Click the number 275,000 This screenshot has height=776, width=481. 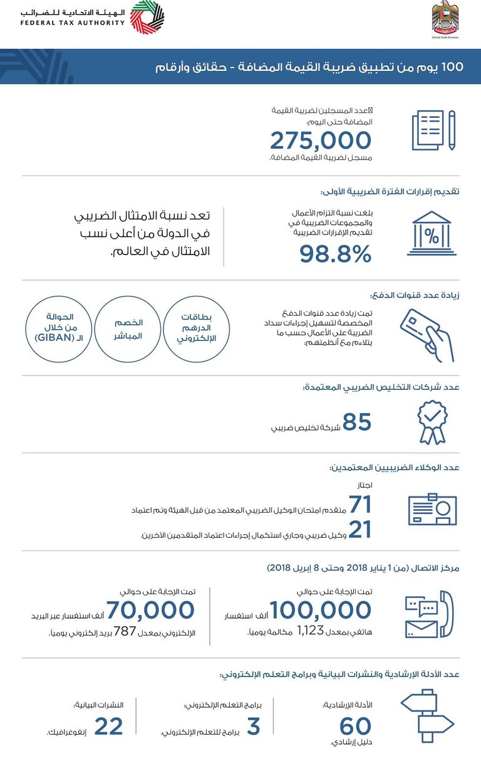coord(321,141)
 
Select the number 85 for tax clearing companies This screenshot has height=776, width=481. coord(357,422)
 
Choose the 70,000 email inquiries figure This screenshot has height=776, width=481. coord(150,609)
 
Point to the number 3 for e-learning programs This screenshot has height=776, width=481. coord(253,726)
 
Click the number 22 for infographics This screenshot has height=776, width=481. coord(108,726)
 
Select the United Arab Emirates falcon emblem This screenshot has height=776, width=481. coord(445,17)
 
